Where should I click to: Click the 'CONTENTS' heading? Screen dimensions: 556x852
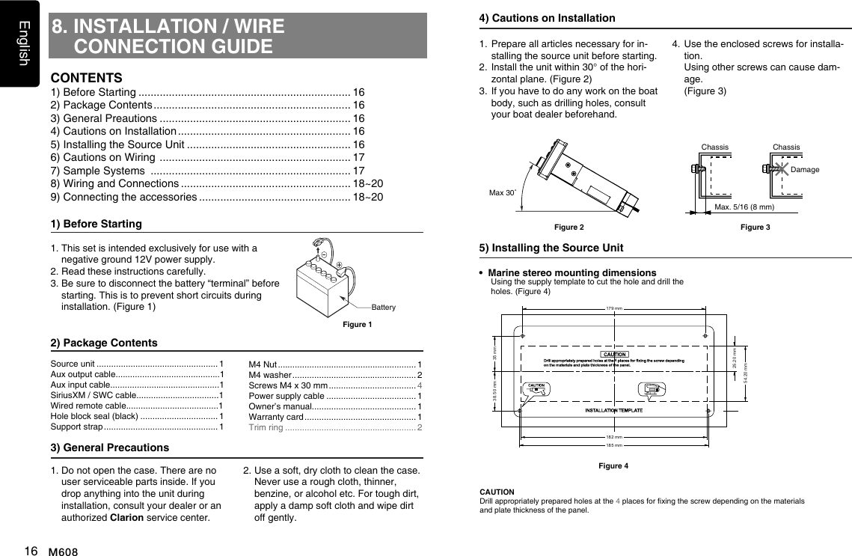tap(86, 78)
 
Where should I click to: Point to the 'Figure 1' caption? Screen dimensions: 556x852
tap(357, 324)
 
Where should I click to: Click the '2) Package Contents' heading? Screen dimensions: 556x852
tap(103, 343)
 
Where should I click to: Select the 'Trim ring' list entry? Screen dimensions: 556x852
tap(266, 427)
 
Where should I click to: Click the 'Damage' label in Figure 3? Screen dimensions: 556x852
tap(804, 170)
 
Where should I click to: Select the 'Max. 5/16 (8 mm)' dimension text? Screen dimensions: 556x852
tap(744, 206)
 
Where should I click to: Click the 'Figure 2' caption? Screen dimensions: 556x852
tap(568, 227)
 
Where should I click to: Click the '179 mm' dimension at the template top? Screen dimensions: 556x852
tap(613, 308)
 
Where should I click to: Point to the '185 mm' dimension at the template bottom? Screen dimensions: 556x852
tap(613, 445)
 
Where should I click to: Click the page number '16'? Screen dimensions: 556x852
tap(31, 550)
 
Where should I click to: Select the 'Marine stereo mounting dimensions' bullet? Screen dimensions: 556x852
tap(571, 272)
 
